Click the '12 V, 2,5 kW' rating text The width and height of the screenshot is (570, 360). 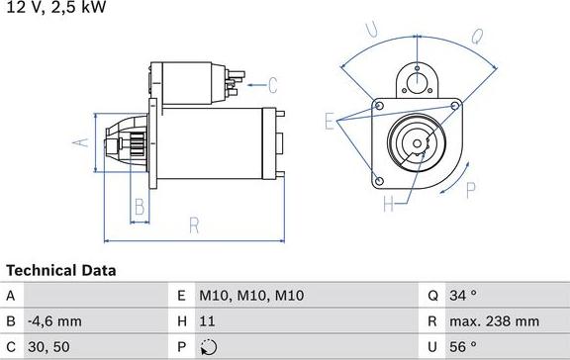[x=55, y=7]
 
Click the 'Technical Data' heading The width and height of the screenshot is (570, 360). [x=61, y=270]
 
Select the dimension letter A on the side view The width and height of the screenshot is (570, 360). [x=83, y=142]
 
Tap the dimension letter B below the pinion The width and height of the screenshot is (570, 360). [x=140, y=207]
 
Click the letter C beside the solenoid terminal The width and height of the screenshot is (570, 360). [x=272, y=85]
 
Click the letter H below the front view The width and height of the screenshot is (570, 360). [x=388, y=206]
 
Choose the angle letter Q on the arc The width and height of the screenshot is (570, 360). [x=475, y=37]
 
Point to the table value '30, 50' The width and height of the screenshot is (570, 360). [x=48, y=347]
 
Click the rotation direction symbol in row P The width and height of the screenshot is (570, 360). [x=208, y=347]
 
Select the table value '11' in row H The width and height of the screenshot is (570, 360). [x=207, y=321]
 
